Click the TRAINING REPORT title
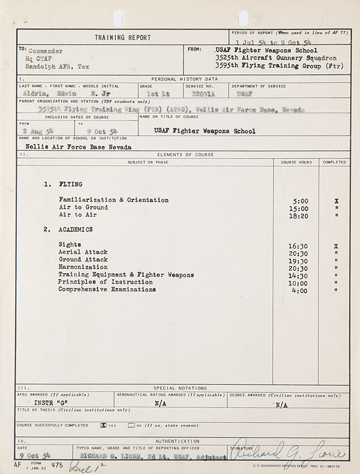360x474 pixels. coord(122,37)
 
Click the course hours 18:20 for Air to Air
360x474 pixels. coord(298,215)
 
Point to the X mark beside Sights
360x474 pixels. coord(336,246)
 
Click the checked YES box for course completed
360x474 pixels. coord(103,425)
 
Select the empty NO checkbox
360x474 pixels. coord(131,425)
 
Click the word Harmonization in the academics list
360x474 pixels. coord(83,267)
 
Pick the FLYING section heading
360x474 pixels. coord(70,184)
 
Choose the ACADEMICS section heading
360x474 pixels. coord(75,229)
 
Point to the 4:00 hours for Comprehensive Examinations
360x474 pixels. coord(300,291)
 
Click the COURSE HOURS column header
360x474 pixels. coord(296,162)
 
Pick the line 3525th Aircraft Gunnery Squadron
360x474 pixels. coord(276,58)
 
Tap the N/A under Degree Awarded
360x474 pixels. coord(281,405)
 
